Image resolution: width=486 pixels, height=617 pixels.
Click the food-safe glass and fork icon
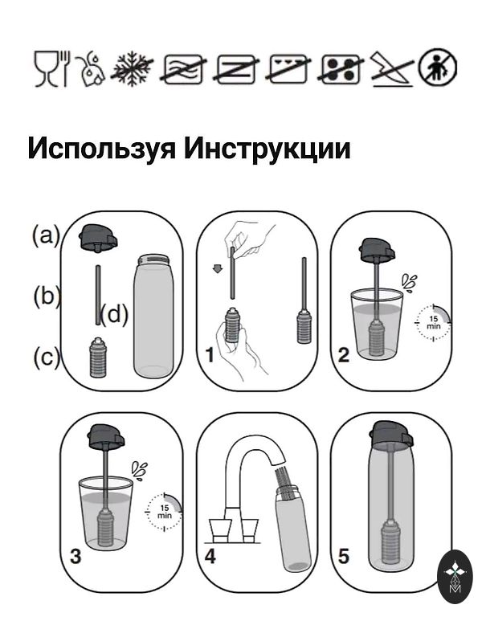click(x=51, y=68)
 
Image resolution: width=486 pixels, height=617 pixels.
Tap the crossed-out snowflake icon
click(x=132, y=68)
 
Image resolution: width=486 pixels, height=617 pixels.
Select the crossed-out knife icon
click(x=392, y=68)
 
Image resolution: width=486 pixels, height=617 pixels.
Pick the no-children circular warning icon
click(x=438, y=67)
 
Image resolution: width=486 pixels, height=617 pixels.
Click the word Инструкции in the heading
click(x=268, y=149)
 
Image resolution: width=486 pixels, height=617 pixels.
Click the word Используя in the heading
click(x=101, y=149)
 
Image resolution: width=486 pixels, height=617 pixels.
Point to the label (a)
click(x=47, y=236)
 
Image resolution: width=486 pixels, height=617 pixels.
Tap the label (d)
click(x=114, y=315)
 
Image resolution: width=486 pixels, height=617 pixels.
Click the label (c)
click(x=47, y=358)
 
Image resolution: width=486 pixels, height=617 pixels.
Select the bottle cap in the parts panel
click(x=98, y=237)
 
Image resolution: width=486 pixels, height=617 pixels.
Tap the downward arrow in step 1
click(x=217, y=269)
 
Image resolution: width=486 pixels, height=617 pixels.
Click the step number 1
click(x=210, y=355)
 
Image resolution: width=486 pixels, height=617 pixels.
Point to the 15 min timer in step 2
click(x=433, y=322)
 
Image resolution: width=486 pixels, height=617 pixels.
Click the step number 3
click(x=76, y=557)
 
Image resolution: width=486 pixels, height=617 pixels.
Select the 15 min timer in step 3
click(x=164, y=511)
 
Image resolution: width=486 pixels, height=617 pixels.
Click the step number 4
click(x=210, y=557)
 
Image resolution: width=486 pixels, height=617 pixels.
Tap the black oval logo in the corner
click(x=455, y=577)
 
